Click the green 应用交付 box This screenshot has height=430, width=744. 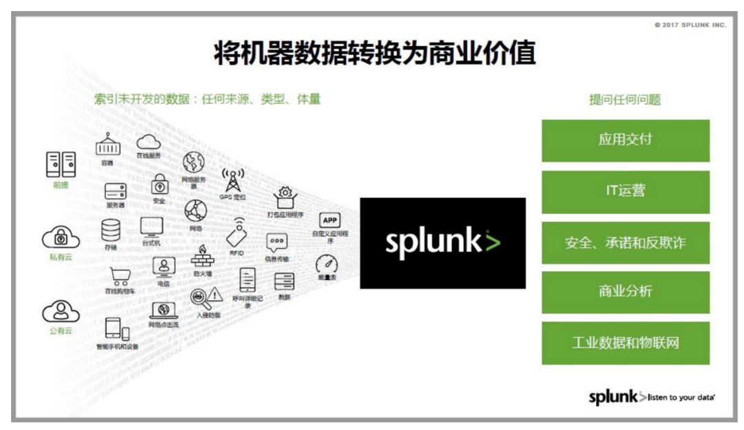pyautogui.click(x=625, y=140)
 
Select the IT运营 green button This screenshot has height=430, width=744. pyautogui.click(x=625, y=191)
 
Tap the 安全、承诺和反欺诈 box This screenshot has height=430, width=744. pyautogui.click(x=625, y=242)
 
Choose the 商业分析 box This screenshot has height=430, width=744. pyautogui.click(x=625, y=292)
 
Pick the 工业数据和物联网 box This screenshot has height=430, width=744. pyautogui.click(x=625, y=343)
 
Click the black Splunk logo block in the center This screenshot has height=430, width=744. pyautogui.click(x=442, y=243)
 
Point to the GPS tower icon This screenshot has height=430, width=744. pyautogui.click(x=232, y=180)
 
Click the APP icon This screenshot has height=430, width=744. pyautogui.click(x=330, y=220)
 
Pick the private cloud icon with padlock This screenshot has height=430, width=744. pyautogui.click(x=61, y=238)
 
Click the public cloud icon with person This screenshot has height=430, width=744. pyautogui.click(x=61, y=312)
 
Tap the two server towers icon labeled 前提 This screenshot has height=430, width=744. pyautogui.click(x=61, y=165)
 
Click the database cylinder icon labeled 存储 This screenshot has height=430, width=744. pyautogui.click(x=111, y=229)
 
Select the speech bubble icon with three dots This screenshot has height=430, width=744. pyautogui.click(x=277, y=243)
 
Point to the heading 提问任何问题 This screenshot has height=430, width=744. pyautogui.click(x=624, y=100)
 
